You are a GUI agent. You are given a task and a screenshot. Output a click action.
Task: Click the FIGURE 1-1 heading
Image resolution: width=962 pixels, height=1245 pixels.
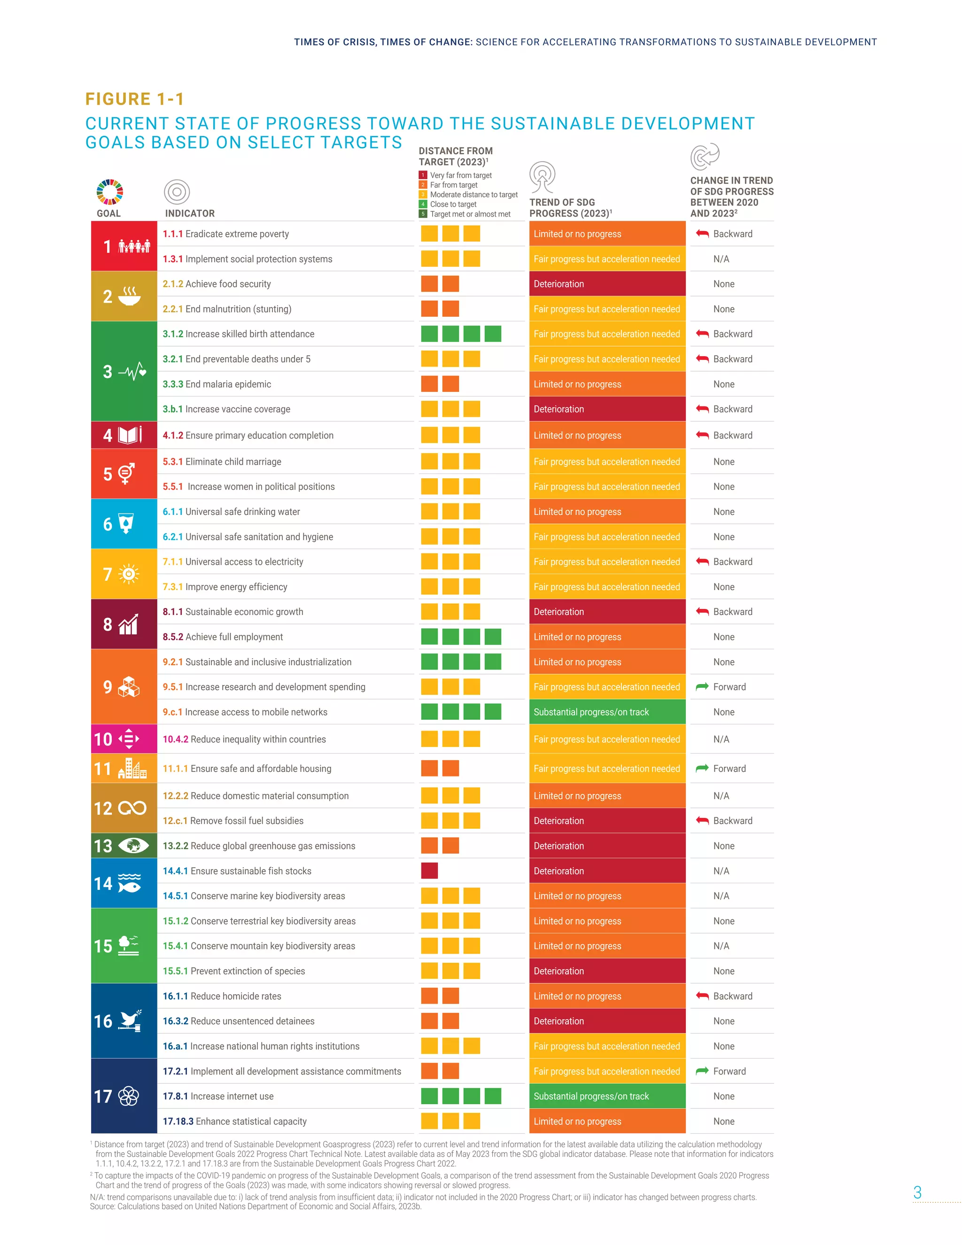click(134, 99)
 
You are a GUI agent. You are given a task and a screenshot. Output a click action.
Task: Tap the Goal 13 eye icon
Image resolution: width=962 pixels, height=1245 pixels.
click(134, 845)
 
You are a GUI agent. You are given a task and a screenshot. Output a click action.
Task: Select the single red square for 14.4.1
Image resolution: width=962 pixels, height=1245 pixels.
click(429, 871)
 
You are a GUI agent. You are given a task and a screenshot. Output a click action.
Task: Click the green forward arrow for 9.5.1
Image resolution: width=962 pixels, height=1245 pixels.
click(702, 687)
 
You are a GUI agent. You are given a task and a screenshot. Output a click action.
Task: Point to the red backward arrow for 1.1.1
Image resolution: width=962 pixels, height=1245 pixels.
click(702, 233)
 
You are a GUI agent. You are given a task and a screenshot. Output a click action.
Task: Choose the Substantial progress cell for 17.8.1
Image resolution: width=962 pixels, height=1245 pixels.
click(607, 1096)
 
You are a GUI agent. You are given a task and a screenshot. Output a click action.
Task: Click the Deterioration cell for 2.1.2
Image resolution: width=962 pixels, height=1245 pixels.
click(607, 284)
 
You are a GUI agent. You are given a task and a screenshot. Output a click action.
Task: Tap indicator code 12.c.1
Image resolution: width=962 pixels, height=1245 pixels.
click(175, 821)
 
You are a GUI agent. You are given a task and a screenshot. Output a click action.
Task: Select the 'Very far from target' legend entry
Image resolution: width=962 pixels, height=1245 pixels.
click(460, 176)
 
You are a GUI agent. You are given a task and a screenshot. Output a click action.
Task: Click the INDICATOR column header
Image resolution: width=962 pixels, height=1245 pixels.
click(190, 213)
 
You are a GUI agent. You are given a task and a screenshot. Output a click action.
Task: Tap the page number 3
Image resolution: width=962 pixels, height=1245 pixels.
click(917, 1192)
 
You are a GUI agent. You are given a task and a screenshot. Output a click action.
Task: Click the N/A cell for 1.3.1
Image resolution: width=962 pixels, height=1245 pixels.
click(721, 259)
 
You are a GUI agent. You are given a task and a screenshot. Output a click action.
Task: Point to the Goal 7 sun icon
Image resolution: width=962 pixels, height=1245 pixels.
click(129, 574)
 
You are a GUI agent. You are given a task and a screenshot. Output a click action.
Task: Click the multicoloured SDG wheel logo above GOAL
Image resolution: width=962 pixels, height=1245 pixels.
click(110, 192)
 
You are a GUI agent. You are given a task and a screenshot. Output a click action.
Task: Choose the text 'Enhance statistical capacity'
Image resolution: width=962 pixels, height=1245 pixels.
click(251, 1121)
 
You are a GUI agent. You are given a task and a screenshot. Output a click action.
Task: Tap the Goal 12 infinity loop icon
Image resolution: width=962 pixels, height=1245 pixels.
click(132, 809)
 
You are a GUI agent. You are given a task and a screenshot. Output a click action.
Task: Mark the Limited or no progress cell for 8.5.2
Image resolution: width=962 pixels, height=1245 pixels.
click(607, 637)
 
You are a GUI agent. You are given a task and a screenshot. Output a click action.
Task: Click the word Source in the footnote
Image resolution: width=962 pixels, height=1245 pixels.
click(102, 1206)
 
